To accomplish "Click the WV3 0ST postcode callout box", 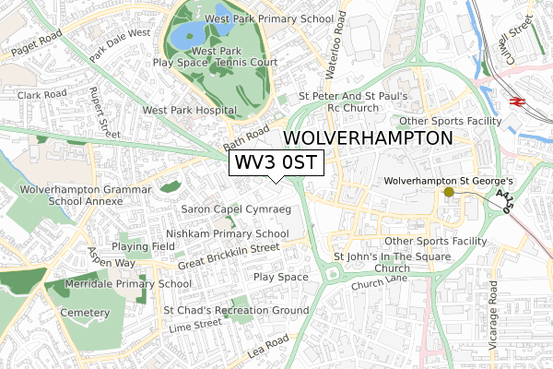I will [276, 163].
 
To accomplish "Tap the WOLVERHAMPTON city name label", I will [369, 138].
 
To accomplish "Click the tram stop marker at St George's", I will [449, 192].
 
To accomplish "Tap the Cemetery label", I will [87, 314].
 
